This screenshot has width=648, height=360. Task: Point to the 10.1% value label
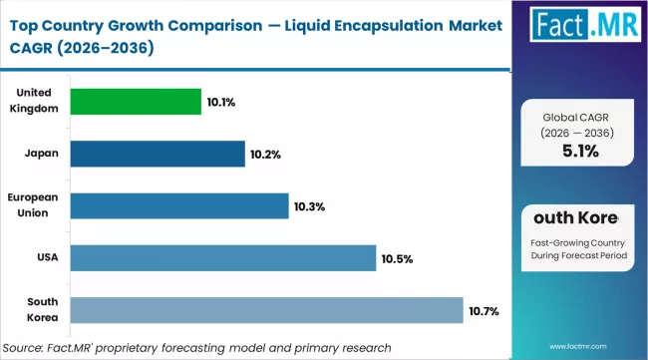coord(221,102)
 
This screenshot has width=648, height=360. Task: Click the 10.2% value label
coord(265,155)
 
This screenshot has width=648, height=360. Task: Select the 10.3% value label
coord(309,206)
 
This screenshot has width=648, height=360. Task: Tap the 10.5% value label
coord(396,259)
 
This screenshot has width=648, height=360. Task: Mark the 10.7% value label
coord(484,311)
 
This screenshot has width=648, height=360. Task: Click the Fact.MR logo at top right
coord(581,32)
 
